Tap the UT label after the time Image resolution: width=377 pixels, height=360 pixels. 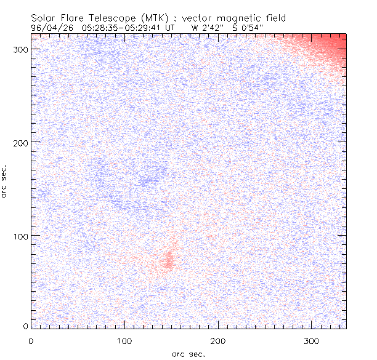pos(171,28)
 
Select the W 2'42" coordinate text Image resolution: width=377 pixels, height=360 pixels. pos(205,28)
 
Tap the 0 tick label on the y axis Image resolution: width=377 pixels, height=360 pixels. pos(25,326)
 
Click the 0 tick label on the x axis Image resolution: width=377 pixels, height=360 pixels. pos(31,340)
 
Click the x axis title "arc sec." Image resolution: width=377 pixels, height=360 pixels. pos(188,353)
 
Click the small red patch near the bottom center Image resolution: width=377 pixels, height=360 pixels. pos(168,261)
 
